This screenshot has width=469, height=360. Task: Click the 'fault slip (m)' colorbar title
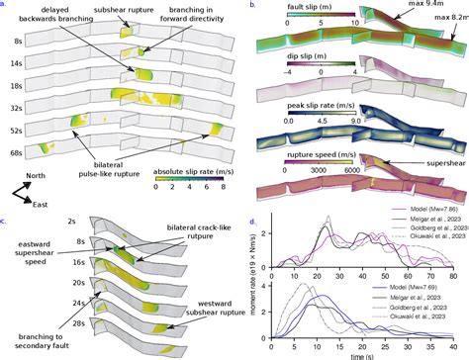pos(296,14)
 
